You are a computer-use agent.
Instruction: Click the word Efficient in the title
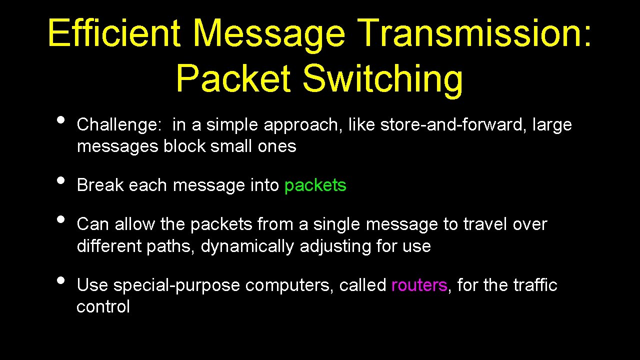114,33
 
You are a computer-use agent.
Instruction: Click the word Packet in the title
233,78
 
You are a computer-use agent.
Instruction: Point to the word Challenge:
118,125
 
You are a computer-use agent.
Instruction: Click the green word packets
315,185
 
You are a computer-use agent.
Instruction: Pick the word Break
100,185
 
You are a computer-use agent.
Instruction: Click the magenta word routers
419,285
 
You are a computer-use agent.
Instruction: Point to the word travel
485,224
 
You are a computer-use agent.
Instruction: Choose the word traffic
535,285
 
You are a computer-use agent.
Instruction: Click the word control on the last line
103,306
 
